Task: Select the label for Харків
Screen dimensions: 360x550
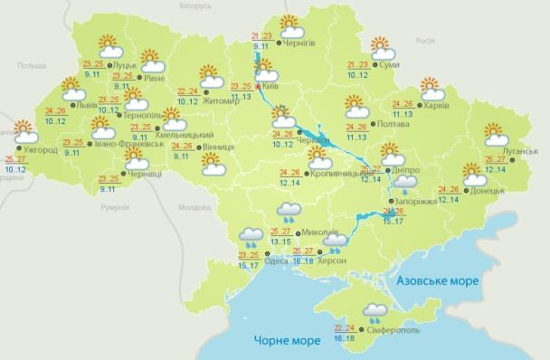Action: pyautogui.click(x=438, y=104)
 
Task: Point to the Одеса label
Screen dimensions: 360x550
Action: pyautogui.click(x=278, y=261)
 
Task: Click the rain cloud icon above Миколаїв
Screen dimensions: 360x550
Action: pyautogui.click(x=289, y=213)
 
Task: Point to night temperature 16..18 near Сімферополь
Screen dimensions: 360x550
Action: pyautogui.click(x=344, y=337)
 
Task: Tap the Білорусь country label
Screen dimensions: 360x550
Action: pyautogui.click(x=219, y=5)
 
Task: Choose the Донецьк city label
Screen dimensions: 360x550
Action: pyautogui.click(x=489, y=193)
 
